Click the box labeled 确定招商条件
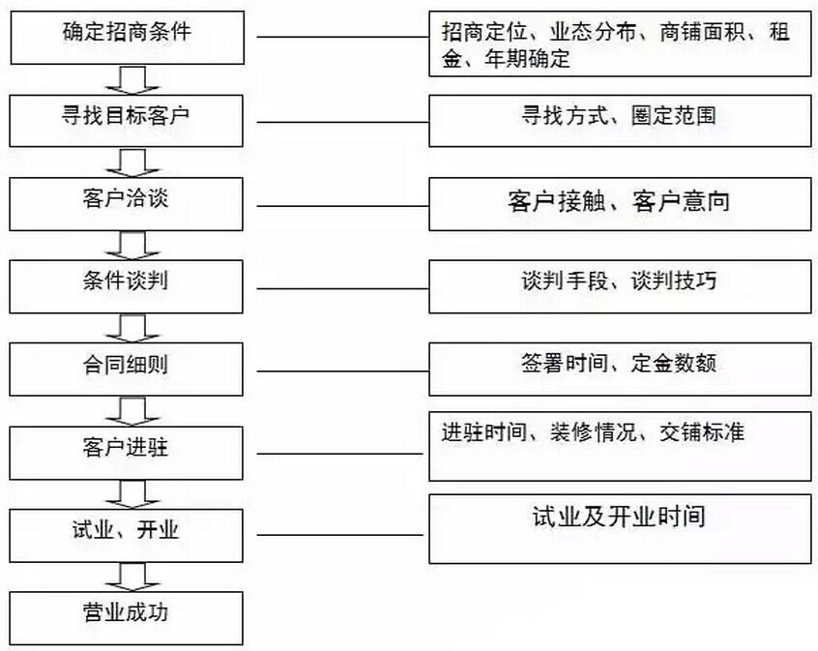click(128, 38)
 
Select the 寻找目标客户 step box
click(127, 121)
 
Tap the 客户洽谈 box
click(127, 203)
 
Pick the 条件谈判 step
click(127, 286)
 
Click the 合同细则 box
click(127, 370)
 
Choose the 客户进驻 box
click(127, 453)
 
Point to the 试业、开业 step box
click(127, 535)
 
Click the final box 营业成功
click(127, 618)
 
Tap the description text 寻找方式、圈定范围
click(619, 115)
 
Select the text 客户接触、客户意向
click(619, 201)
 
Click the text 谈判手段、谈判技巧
click(619, 281)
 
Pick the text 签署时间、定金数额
click(619, 363)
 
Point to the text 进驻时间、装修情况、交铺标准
click(593, 432)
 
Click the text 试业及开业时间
click(619, 517)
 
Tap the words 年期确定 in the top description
click(527, 59)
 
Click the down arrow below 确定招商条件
click(132, 80)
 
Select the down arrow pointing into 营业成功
click(132, 577)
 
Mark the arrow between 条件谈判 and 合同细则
click(132, 328)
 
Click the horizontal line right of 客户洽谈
click(342, 206)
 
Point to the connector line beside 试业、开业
click(339, 535)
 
